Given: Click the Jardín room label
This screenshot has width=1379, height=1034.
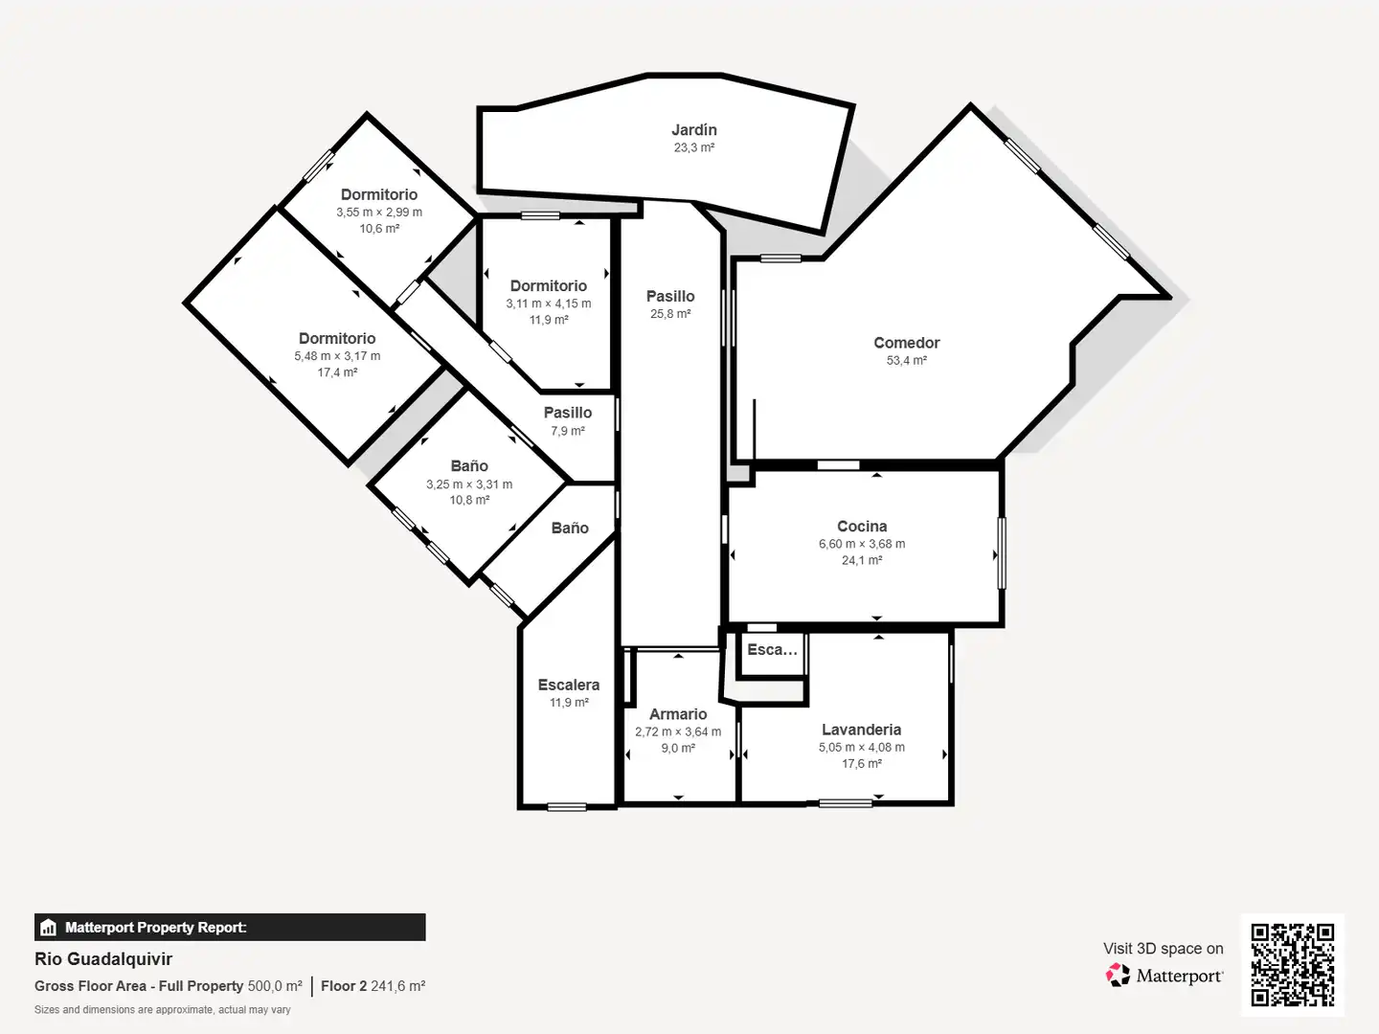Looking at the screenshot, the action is tap(694, 130).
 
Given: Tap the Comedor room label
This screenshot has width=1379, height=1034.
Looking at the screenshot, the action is tap(907, 343).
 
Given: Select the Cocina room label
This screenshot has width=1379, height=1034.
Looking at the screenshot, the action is tap(862, 527).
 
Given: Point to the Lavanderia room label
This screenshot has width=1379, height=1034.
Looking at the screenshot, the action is tap(861, 730).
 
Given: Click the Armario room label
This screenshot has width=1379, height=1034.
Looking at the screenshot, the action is tap(678, 714).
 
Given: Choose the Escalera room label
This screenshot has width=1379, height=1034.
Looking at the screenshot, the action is tap(569, 685).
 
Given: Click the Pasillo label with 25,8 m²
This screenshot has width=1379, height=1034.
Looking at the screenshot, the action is tap(670, 297).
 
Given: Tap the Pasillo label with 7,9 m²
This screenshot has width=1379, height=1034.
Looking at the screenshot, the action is tap(567, 413).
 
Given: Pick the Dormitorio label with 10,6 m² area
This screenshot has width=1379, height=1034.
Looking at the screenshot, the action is tap(379, 194).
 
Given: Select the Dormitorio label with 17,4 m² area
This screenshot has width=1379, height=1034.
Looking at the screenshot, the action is tap(337, 338).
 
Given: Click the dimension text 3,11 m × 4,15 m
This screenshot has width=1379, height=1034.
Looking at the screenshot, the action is tap(549, 303).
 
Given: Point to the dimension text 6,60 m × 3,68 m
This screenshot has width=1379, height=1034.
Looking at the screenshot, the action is tap(862, 544).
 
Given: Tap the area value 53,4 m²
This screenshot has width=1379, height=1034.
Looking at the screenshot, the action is tap(907, 360).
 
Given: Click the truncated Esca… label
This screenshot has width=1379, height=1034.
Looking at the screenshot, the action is tap(772, 650).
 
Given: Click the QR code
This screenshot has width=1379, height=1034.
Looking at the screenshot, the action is tap(1292, 964).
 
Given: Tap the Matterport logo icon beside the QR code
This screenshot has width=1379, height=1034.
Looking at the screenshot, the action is tap(1118, 975).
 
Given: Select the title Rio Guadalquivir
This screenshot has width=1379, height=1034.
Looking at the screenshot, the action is tap(103, 958).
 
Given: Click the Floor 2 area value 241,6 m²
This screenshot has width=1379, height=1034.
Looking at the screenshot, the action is tap(397, 986).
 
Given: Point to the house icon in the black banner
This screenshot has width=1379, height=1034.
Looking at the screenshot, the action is tap(48, 928).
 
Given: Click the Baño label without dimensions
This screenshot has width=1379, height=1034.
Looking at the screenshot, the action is tap(570, 528).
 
